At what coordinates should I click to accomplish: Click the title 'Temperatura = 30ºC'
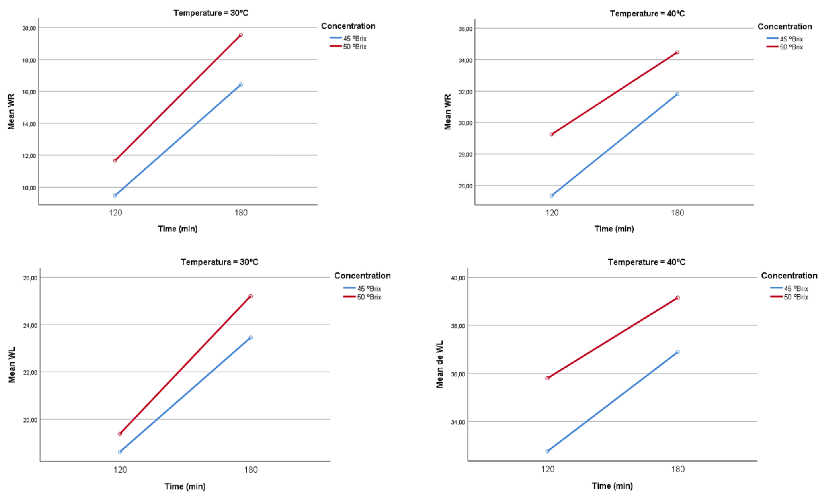(x=219, y=262)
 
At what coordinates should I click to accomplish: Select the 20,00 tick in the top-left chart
(x=29, y=28)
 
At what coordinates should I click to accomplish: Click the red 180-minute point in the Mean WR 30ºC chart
(x=241, y=35)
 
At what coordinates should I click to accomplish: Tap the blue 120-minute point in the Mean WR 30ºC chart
(x=115, y=196)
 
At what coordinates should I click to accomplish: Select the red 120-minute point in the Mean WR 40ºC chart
(x=552, y=134)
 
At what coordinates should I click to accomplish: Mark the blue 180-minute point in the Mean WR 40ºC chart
(x=677, y=94)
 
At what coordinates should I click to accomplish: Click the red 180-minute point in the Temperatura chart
(x=251, y=296)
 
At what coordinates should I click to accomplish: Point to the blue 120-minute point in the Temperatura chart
(x=120, y=452)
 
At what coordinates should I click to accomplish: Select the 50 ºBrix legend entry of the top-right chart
(x=791, y=47)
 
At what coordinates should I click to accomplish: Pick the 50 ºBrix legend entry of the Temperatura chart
(x=369, y=297)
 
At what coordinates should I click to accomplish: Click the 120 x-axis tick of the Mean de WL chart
(x=548, y=469)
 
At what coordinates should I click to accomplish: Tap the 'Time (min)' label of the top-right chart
(x=614, y=229)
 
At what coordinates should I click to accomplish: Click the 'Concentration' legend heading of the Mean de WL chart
(x=789, y=276)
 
